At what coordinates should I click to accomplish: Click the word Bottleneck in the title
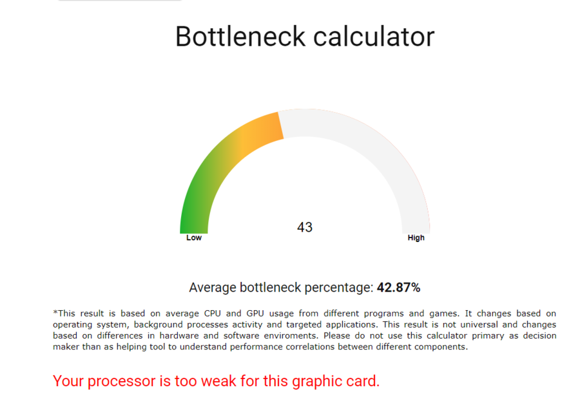240,37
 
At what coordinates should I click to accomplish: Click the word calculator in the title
374,37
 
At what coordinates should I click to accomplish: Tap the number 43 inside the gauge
305,227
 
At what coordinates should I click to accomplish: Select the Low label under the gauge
194,237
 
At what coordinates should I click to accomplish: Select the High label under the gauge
416,237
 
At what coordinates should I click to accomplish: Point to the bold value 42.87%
398,288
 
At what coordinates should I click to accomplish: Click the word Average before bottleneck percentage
212,288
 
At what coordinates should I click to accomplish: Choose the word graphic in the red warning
313,382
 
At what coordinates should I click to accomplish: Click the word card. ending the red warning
359,381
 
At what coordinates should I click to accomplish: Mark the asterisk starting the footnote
55,313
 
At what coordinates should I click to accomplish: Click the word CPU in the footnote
212,313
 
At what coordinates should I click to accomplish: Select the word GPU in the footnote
255,313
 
